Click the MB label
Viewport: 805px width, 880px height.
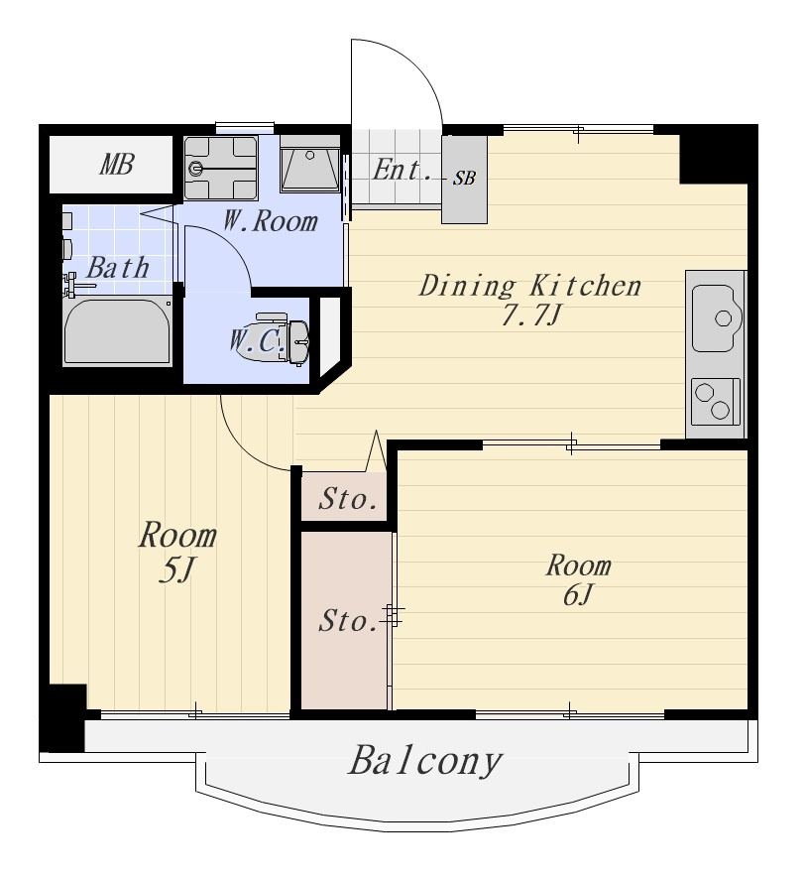click(117, 164)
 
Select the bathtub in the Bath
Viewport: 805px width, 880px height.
click(117, 332)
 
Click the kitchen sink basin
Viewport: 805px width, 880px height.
click(717, 318)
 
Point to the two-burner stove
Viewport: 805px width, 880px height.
click(716, 402)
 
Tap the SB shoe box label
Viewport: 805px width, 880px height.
click(465, 179)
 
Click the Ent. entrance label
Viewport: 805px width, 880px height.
click(402, 170)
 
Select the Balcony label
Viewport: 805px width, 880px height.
click(424, 761)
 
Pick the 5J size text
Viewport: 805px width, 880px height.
click(176, 570)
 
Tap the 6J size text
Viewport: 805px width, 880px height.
click(578, 595)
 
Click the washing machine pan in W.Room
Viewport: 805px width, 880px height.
click(221, 168)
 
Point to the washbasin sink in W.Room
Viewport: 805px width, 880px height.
click(310, 163)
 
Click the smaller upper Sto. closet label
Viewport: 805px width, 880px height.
click(348, 499)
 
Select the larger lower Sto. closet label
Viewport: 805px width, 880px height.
click(348, 621)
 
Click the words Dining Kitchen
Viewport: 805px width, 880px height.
click(530, 286)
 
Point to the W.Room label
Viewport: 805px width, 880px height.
click(271, 220)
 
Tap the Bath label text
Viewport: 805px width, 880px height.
click(118, 267)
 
